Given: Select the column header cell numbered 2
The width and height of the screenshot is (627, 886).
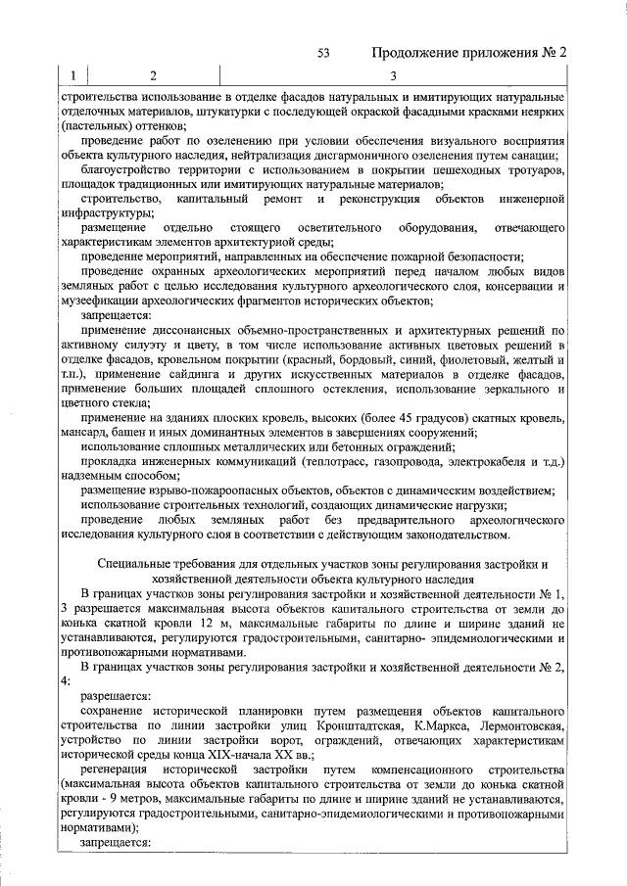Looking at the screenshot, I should coord(153,76).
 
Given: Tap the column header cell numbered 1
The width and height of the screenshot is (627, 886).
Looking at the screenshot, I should coord(72,76).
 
